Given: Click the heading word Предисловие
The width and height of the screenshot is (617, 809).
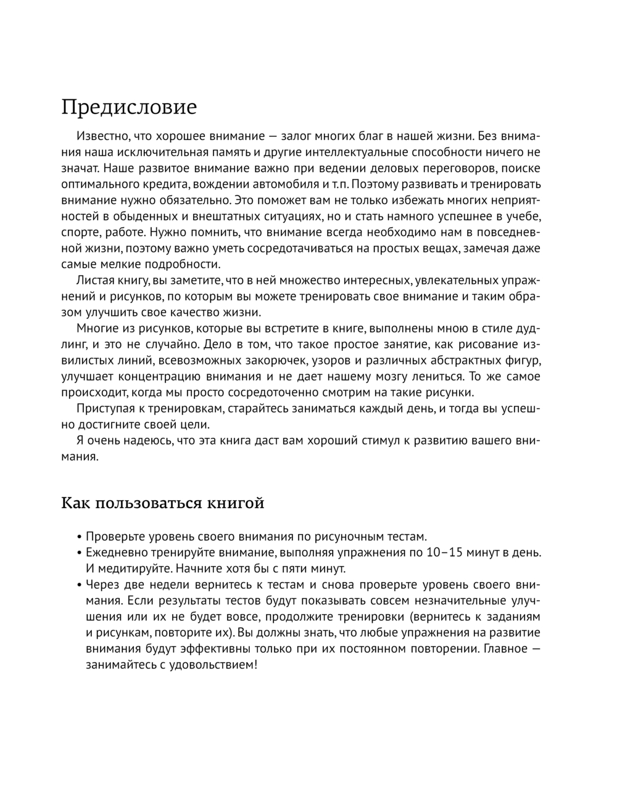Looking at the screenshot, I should click(x=129, y=107).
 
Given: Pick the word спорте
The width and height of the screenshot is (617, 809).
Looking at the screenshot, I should click(x=80, y=232).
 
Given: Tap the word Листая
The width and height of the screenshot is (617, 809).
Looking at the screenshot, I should click(x=94, y=281).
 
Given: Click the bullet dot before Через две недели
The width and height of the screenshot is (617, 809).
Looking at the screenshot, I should click(x=80, y=585).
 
